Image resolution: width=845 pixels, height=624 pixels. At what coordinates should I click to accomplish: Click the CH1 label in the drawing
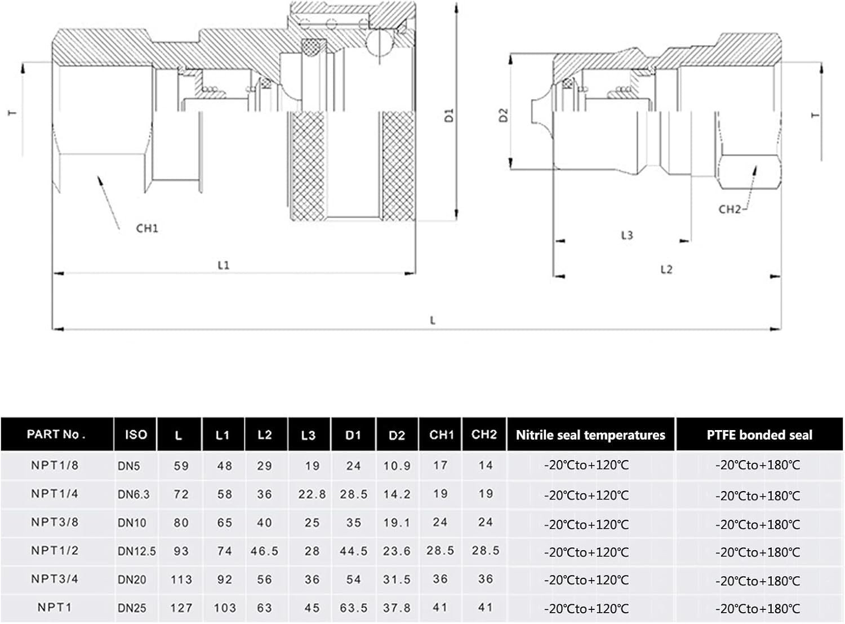tap(147, 228)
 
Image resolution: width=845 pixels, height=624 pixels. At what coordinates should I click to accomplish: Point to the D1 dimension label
tap(449, 115)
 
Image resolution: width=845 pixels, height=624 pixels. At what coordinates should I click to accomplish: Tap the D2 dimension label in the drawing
tap(503, 115)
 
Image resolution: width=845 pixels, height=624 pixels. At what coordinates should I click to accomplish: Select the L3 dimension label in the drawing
tap(627, 235)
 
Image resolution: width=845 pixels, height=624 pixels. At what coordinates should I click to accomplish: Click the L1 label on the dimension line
tap(224, 265)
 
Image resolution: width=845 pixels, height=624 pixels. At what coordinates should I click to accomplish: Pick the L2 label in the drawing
tap(666, 269)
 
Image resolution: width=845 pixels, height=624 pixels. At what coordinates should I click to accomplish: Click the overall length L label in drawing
tap(433, 321)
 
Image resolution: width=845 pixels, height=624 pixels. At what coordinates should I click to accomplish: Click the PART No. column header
tap(56, 434)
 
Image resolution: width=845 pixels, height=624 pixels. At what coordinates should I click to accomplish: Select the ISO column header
tap(136, 435)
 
